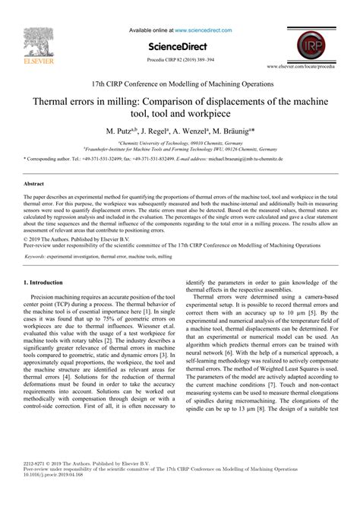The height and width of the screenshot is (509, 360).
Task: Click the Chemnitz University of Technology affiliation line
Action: [x=180, y=143]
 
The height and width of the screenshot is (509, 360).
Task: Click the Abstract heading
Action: [x=35, y=184]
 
